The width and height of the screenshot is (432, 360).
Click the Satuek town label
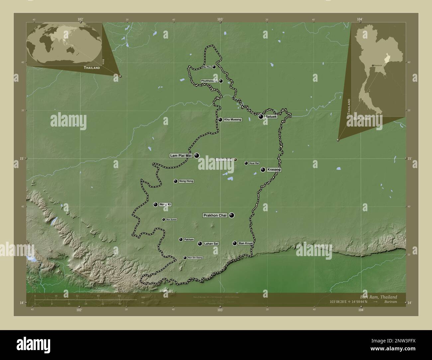(271, 117)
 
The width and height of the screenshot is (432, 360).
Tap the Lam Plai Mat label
(181, 155)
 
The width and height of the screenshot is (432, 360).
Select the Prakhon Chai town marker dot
(232, 215)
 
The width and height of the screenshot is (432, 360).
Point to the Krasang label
(274, 170)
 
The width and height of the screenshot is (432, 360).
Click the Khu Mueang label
(233, 120)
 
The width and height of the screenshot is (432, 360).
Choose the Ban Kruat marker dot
(235, 243)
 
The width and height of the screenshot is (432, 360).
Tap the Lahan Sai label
(211, 244)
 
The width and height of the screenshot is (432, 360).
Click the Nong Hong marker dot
(175, 181)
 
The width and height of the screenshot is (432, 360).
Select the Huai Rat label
(254, 163)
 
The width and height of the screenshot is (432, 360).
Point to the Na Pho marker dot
(214, 67)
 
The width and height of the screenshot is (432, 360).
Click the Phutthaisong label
(209, 81)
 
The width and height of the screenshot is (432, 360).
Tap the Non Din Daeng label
(195, 258)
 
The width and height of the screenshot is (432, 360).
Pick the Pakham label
(189, 239)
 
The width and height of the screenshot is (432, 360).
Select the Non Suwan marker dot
(163, 219)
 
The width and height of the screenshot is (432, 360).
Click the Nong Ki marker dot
(155, 204)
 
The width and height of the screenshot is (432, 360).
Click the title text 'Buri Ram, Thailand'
(378, 297)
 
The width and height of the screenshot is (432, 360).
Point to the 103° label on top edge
(220, 20)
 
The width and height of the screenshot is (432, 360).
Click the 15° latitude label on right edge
(409, 159)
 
